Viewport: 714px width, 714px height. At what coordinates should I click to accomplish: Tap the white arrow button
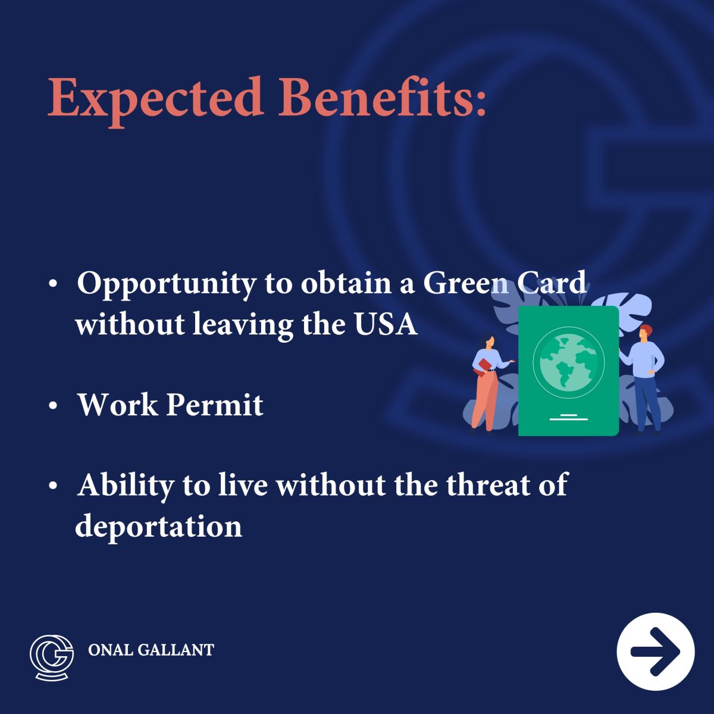656,651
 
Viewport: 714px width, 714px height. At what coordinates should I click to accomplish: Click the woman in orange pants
486,381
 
